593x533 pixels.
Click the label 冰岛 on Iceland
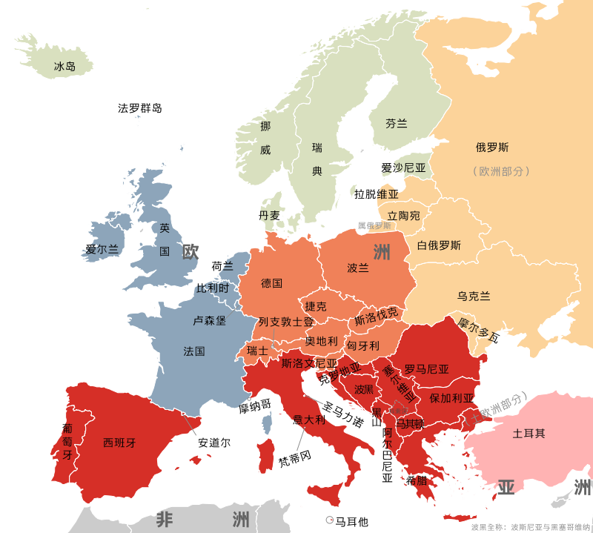[x=64, y=67]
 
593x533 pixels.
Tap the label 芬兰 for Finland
[x=397, y=124]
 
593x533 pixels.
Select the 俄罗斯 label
[x=492, y=147]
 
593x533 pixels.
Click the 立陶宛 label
[x=403, y=216]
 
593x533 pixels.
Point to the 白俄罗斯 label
[x=439, y=245]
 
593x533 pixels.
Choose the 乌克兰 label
[x=474, y=296]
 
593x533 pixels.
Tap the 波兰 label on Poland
[x=358, y=268]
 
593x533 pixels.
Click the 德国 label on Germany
[x=271, y=283]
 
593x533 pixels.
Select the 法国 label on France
[x=194, y=351]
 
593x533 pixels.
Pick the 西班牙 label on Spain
[x=119, y=443]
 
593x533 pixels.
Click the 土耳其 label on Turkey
[x=529, y=433]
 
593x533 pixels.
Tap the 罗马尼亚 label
[x=426, y=368]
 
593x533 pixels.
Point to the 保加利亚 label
[x=451, y=397]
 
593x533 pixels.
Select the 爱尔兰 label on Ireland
[x=102, y=249]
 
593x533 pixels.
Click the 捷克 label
[x=316, y=306]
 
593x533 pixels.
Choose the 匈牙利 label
[x=363, y=345]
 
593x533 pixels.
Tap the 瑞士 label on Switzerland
[x=257, y=350]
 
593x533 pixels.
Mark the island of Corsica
[x=266, y=424]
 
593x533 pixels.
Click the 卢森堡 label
[x=210, y=321]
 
